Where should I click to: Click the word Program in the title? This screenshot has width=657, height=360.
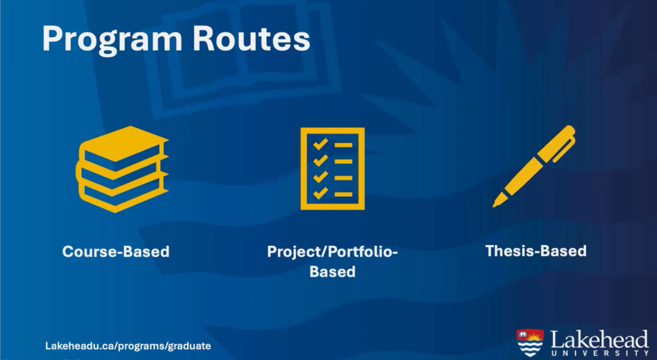click(112, 40)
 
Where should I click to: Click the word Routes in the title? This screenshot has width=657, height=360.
click(251, 39)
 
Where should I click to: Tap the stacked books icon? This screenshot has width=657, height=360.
click(122, 169)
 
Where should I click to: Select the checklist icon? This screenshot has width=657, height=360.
click(332, 169)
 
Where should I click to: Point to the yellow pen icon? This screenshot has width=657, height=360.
click(534, 166)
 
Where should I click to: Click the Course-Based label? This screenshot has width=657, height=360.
click(116, 251)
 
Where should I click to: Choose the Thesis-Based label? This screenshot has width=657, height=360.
click(536, 251)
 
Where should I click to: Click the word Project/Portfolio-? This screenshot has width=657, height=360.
click(332, 251)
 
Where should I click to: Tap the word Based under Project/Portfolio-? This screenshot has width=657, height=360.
click(332, 272)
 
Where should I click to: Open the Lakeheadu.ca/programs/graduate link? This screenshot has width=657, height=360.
click(128, 346)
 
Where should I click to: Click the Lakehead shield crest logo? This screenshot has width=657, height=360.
click(530, 342)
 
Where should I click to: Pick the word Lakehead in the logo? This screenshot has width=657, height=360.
click(599, 339)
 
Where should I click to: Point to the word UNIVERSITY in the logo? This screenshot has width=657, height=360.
click(600, 353)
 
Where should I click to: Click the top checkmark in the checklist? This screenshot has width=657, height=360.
click(321, 144)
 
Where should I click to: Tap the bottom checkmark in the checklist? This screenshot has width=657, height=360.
click(321, 193)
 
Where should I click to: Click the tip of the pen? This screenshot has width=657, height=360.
click(495, 205)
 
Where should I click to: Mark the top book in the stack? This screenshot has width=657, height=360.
click(124, 145)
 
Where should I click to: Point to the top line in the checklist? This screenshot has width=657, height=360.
click(343, 145)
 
